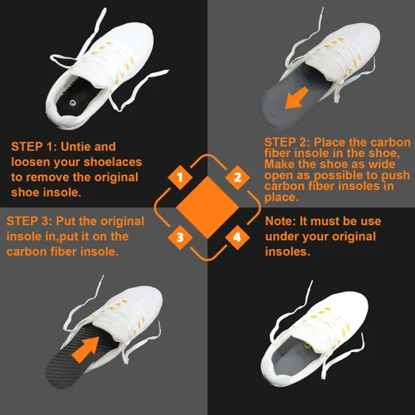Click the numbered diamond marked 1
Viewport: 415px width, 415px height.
(x=180, y=178)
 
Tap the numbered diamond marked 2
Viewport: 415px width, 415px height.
(x=237, y=178)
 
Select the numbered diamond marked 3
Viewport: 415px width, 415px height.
(x=180, y=237)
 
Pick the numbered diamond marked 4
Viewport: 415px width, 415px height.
(x=237, y=237)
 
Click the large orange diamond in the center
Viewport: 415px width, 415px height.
(x=207, y=207)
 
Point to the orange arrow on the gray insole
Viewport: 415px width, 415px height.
(x=296, y=98)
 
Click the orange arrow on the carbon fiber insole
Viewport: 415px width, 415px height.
(x=85, y=349)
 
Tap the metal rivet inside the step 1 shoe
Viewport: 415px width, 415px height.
(x=73, y=103)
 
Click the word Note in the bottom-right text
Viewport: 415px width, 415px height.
(x=281, y=221)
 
